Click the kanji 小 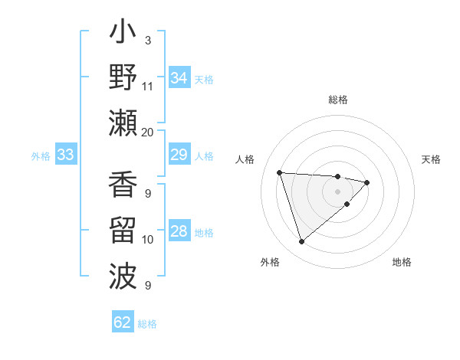pos(123,34)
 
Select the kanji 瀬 pos(123,123)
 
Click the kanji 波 pos(123,276)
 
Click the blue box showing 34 pos(179,78)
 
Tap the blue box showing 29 pos(179,155)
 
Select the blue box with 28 pos(179,231)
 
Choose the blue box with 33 pos(65,155)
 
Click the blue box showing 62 pos(123,322)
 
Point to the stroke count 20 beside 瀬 pos(147,132)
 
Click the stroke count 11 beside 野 pos(147,86)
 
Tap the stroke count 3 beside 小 pos(147,40)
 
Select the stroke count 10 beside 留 pos(147,240)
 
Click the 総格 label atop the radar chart pos(337,100)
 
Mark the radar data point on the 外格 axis pos(301,242)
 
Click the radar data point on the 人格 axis pos(280,172)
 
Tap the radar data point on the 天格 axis pos(367,182)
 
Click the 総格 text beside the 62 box pos(147,324)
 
